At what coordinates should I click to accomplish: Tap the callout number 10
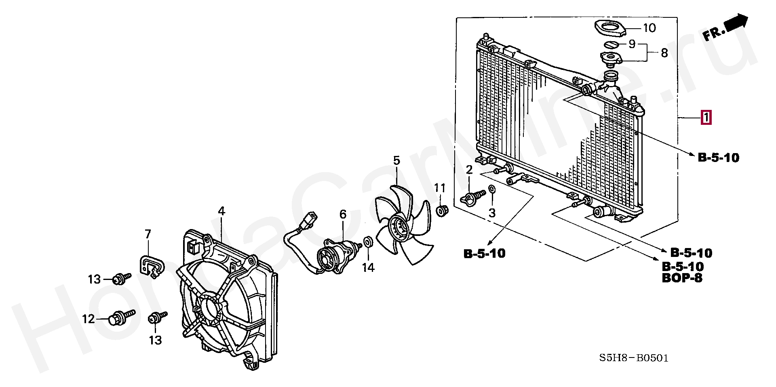click(x=649, y=28)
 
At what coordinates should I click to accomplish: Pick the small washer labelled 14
click(x=368, y=242)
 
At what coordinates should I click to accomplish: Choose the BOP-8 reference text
click(x=682, y=278)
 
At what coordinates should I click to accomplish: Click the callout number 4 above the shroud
click(x=221, y=211)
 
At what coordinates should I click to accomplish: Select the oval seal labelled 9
click(x=612, y=44)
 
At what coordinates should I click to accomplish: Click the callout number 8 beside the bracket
click(x=664, y=53)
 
